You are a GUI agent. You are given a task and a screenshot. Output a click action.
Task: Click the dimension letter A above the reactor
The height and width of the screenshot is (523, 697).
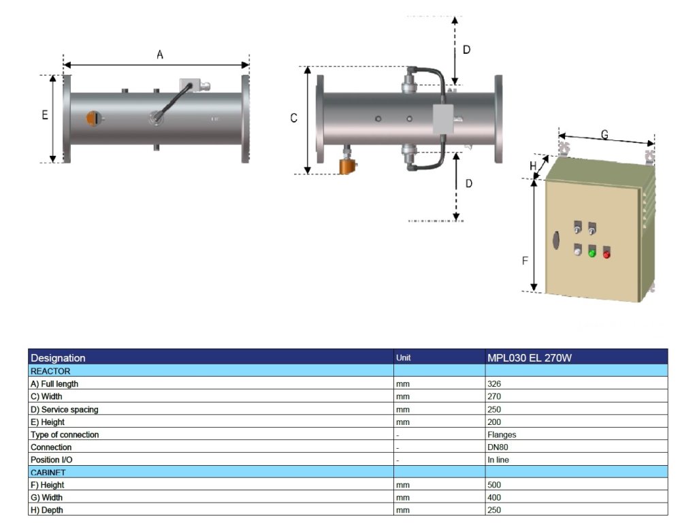(x=160, y=54)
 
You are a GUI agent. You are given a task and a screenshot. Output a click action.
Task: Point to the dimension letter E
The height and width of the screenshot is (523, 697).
(x=45, y=116)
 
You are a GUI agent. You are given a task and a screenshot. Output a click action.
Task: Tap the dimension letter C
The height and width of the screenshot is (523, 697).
(x=294, y=118)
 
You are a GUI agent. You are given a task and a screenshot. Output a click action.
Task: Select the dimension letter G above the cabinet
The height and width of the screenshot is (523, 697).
(x=604, y=134)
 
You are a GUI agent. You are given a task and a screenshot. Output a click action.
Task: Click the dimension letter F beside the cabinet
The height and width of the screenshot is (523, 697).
(x=524, y=261)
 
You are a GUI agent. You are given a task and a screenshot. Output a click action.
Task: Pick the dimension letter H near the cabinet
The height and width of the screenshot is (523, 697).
(x=533, y=165)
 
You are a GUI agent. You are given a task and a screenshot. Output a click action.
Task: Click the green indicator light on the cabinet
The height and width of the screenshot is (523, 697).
(x=591, y=253)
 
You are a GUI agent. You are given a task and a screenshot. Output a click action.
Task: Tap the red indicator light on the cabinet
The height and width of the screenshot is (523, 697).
(x=606, y=255)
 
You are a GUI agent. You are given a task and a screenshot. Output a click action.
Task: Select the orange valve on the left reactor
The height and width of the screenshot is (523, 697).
(x=91, y=118)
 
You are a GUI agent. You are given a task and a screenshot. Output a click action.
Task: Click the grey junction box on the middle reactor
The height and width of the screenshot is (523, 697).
(x=443, y=118)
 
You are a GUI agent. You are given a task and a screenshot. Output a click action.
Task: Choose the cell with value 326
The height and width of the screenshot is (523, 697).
(x=494, y=384)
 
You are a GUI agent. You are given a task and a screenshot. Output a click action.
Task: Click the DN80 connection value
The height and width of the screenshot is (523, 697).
(x=498, y=447)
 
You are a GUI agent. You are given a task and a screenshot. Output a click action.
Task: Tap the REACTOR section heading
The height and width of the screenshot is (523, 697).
(x=50, y=371)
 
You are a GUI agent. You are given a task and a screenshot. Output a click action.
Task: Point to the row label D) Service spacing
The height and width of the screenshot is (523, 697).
(x=64, y=409)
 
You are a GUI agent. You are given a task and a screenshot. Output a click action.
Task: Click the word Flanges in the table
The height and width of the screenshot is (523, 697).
(x=502, y=434)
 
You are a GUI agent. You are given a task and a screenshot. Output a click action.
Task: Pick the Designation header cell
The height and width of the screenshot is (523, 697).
(x=59, y=358)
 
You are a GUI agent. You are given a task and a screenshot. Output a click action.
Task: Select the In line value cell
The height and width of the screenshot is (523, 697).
(x=499, y=460)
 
